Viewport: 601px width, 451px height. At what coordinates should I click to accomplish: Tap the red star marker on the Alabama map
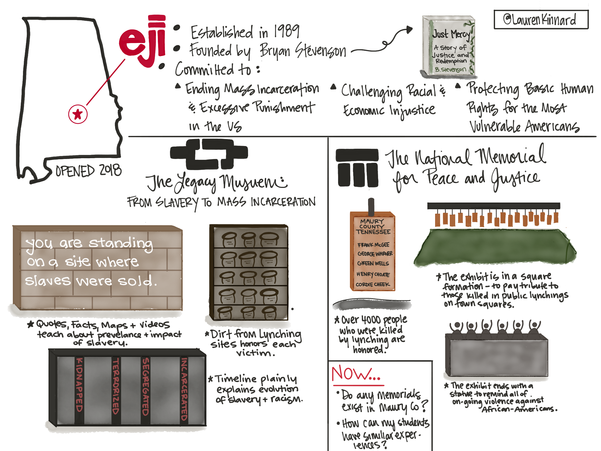pyautogui.click(x=78, y=114)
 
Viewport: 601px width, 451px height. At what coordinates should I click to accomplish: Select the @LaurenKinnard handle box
pyautogui.click(x=541, y=19)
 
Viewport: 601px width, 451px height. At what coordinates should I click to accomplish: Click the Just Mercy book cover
pyautogui.click(x=449, y=46)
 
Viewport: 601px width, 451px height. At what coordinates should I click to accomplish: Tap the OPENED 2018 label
pyautogui.click(x=88, y=171)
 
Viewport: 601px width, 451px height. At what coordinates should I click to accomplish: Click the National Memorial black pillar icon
pyautogui.click(x=357, y=168)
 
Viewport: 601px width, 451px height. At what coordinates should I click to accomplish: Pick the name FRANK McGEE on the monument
pyautogui.click(x=373, y=245)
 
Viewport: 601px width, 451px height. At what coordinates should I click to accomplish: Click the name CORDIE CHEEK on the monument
pyautogui.click(x=372, y=285)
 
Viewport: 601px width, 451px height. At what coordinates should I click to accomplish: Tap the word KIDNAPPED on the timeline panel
pyautogui.click(x=79, y=385)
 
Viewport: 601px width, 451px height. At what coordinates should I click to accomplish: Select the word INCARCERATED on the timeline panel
pyautogui.click(x=184, y=389)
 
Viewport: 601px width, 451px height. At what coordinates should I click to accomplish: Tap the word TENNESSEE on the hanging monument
pyautogui.click(x=373, y=232)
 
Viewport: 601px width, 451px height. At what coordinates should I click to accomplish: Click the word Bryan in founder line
pyautogui.click(x=275, y=51)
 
